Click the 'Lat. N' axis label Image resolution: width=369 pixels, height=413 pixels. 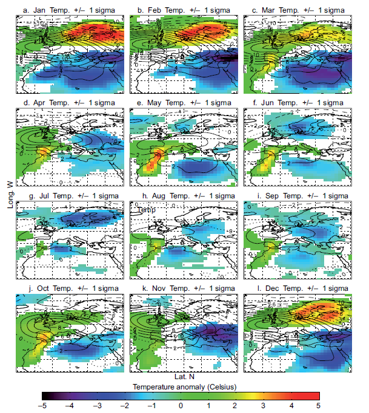coord(184,377)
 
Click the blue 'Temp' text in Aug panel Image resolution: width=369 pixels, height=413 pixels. coord(145,210)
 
